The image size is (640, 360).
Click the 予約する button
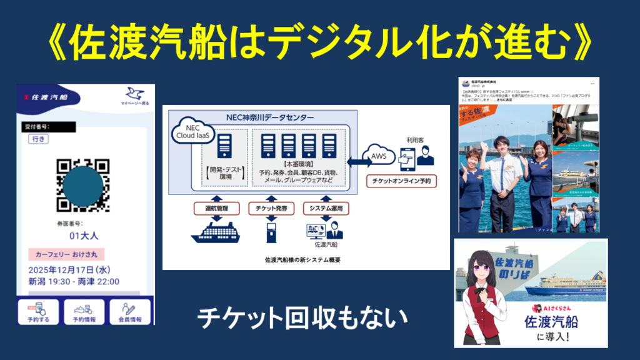38,311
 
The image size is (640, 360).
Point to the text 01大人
84,236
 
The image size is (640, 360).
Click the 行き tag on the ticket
37,139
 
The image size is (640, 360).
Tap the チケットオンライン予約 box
402,181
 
